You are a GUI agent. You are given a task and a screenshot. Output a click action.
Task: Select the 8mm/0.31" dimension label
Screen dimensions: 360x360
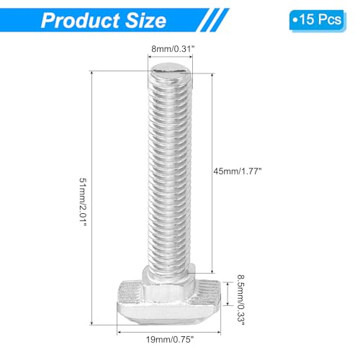170,49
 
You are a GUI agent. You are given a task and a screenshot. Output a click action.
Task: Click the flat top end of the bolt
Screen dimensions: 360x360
171,70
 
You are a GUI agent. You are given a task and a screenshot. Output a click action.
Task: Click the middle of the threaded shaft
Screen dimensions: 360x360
171,173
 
